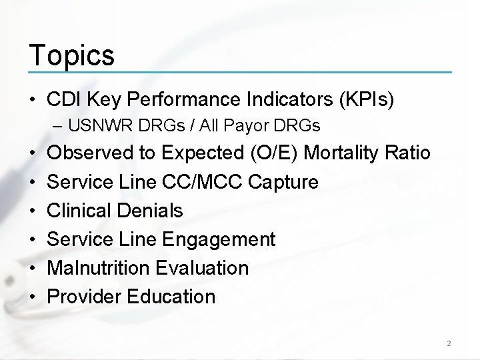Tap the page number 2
[449, 344]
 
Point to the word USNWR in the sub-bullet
[101, 125]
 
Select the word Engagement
[218, 239]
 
